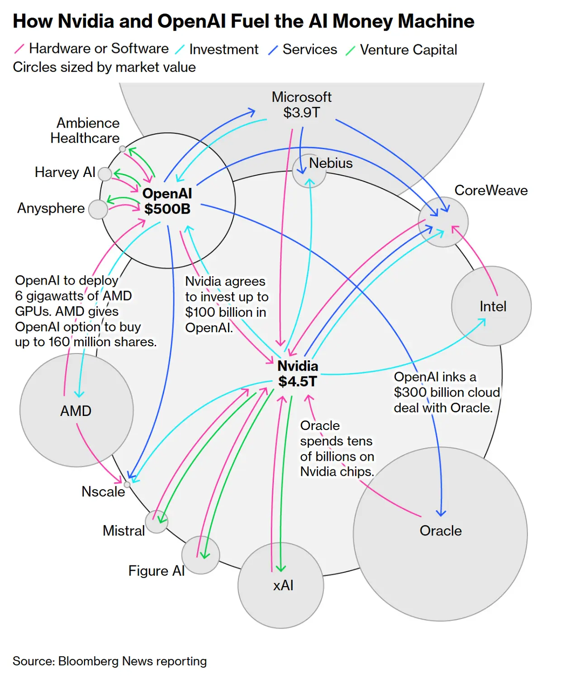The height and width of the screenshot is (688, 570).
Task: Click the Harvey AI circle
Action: (104, 174)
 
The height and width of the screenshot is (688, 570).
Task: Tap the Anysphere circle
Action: (98, 209)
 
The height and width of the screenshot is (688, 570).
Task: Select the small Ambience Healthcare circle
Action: (122, 148)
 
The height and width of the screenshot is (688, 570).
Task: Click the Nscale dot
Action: (127, 484)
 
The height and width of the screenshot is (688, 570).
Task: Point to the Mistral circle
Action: (157, 521)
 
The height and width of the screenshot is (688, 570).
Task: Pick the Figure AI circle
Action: (200, 555)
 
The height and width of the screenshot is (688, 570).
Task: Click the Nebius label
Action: (331, 163)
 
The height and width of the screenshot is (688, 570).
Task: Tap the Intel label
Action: (493, 306)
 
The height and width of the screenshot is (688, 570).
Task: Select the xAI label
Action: (283, 585)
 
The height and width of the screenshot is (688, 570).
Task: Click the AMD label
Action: (76, 411)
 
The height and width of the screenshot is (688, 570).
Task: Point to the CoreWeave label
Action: (491, 190)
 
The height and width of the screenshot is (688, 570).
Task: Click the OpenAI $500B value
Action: (167, 209)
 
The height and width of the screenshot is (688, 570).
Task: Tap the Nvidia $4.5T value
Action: (298, 381)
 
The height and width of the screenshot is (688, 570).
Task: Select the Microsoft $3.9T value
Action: (301, 112)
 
